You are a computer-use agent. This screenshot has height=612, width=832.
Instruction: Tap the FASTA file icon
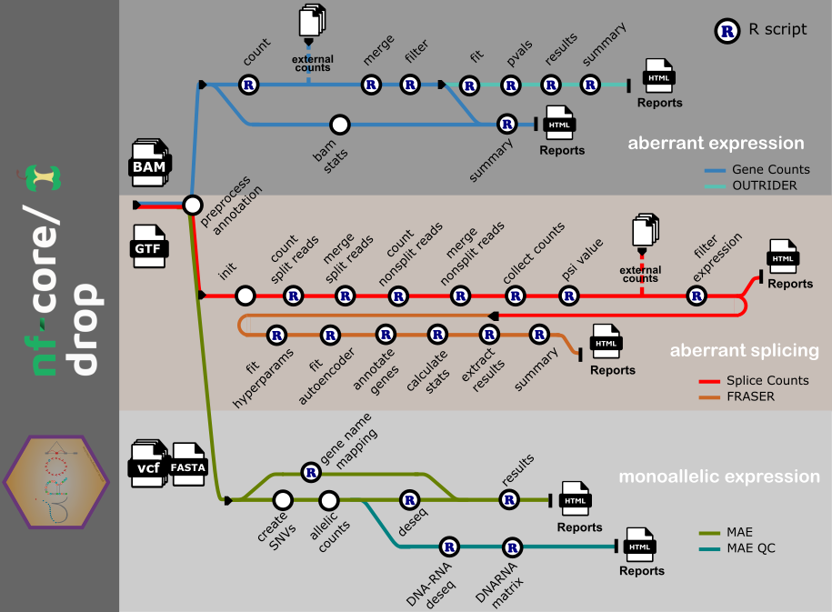189,463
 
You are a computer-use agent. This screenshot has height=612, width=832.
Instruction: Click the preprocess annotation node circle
192,205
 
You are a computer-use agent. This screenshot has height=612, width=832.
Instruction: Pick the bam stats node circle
339,124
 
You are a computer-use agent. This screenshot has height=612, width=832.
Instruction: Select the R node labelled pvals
510,85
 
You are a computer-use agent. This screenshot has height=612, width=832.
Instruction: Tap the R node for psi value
568,296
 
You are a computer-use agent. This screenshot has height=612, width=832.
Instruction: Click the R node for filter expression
696,296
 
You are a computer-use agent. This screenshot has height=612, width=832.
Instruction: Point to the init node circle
245,296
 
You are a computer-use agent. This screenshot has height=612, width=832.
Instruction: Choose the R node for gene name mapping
311,473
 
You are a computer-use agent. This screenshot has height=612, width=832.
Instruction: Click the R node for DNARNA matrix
512,547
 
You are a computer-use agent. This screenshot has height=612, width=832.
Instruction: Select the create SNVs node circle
282,499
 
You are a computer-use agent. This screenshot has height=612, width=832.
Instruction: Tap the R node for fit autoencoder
330,335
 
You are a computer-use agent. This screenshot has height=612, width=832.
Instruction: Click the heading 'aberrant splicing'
744,350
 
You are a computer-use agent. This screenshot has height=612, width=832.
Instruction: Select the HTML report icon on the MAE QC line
640,546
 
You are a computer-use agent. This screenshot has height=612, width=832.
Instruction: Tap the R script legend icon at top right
727,30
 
